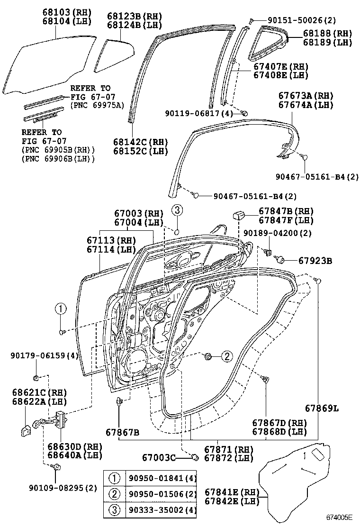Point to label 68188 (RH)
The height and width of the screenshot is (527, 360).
(x=325, y=33)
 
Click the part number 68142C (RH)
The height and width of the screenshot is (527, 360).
(x=141, y=142)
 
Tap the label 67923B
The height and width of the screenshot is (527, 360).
(x=315, y=260)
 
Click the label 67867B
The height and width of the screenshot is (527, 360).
(x=122, y=432)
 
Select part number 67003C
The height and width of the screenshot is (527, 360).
(x=159, y=457)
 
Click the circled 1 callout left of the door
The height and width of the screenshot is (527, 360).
(x=61, y=309)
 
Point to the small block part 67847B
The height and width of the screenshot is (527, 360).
(x=238, y=216)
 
